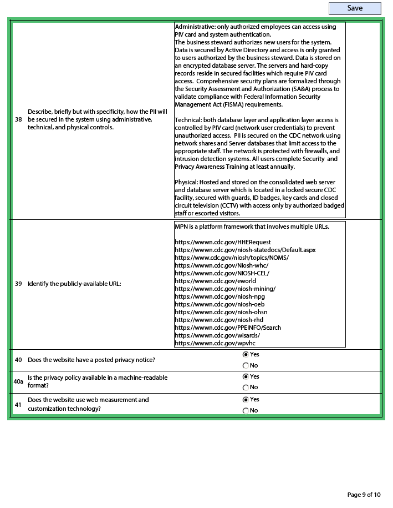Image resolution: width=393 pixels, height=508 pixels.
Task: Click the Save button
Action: tap(355, 8)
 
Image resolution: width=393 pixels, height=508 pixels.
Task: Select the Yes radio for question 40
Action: tap(246, 355)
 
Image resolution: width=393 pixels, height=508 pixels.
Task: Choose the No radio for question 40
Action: tap(246, 366)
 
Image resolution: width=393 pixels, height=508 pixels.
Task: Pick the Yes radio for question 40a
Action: tap(246, 377)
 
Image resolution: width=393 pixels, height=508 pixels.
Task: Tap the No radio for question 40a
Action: tap(246, 388)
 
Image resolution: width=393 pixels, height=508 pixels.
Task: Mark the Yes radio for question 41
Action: tap(246, 400)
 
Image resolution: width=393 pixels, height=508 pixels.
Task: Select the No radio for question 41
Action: tap(246, 411)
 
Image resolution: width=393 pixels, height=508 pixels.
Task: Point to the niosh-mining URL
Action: tap(225, 289)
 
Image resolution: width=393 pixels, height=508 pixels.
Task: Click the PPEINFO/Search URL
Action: tap(228, 328)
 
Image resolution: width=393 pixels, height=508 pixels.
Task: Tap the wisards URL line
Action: tap(217, 335)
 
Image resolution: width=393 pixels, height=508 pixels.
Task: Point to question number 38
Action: tap(18, 120)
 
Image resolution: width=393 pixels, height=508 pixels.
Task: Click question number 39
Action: tap(18, 284)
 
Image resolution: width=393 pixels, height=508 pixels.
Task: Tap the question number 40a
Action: tap(18, 382)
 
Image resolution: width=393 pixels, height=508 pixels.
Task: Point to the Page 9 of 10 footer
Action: tap(364, 495)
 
